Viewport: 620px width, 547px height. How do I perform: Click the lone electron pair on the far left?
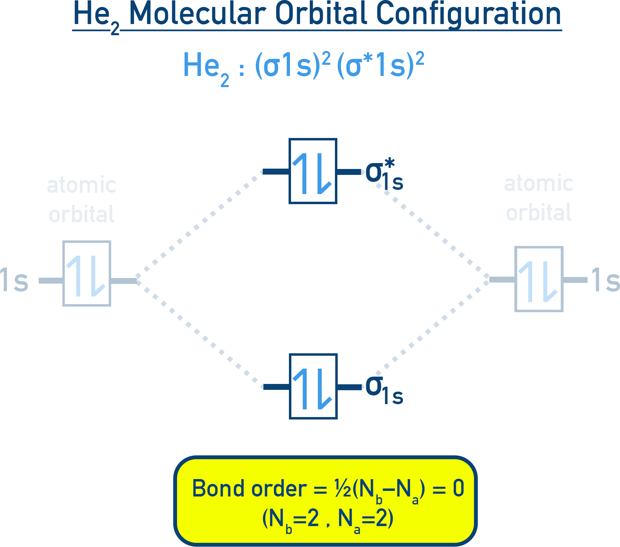(86, 276)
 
